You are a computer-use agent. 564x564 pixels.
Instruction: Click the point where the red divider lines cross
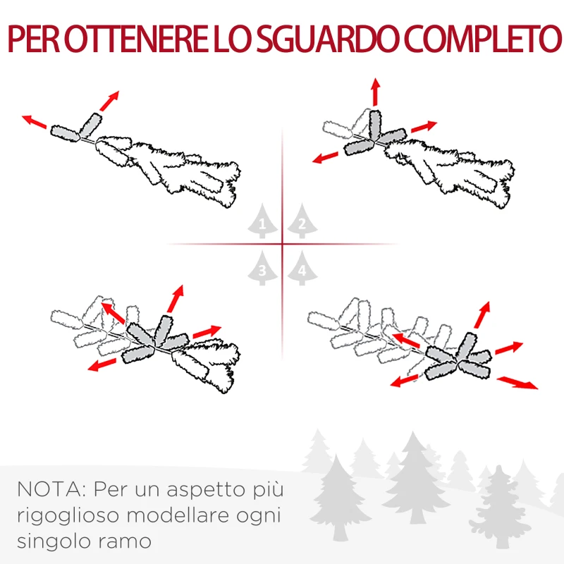283,245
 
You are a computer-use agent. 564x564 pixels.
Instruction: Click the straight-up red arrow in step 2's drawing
375,92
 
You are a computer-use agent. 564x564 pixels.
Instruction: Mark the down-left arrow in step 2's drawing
328,157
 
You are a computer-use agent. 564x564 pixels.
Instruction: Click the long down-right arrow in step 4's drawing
517,382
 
